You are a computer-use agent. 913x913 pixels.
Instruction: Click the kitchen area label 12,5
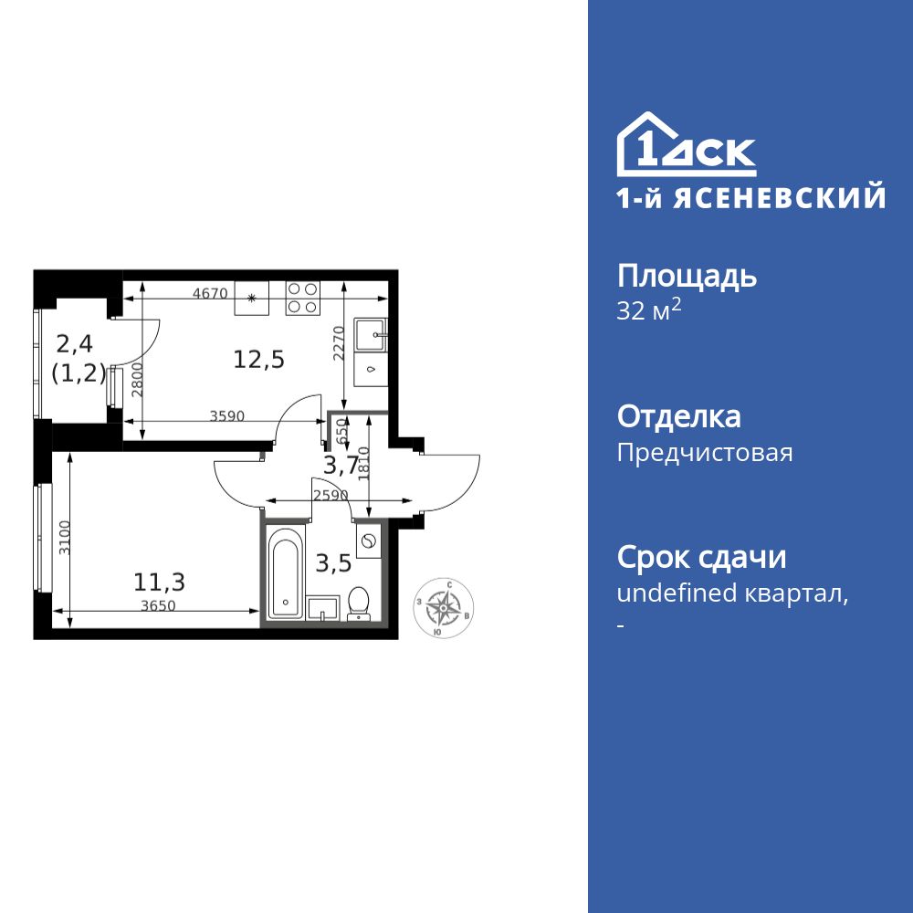click(258, 359)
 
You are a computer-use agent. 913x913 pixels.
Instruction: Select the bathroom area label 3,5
click(333, 562)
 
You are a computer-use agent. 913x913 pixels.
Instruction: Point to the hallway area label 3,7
click(341, 466)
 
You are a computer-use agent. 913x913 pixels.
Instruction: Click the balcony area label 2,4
click(76, 343)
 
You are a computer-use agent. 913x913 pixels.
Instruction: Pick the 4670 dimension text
click(209, 294)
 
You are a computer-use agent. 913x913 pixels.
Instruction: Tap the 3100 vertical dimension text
click(63, 539)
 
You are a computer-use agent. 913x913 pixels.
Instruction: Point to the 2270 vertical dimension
click(337, 344)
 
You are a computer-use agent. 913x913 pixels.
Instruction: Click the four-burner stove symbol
click(303, 298)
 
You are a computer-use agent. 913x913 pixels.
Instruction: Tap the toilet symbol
click(359, 603)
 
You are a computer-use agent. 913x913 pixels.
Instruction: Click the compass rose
click(444, 607)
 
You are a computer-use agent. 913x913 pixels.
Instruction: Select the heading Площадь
click(687, 276)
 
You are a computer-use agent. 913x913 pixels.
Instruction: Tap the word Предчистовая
click(705, 452)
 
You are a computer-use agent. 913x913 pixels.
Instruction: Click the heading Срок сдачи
click(701, 556)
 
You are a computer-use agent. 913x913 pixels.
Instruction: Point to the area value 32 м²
click(649, 310)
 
